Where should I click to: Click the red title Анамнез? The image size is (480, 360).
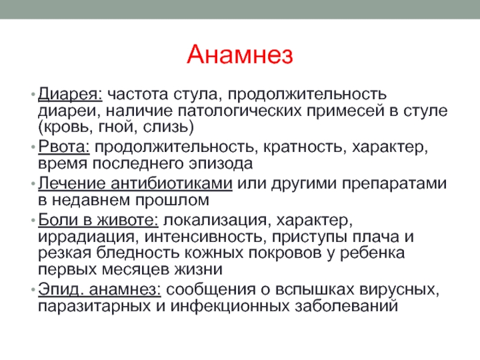coord(240,55)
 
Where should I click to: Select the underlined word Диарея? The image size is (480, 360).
coord(70,94)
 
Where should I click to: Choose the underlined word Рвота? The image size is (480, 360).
coord(64,147)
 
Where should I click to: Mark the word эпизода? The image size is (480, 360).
coord(221,164)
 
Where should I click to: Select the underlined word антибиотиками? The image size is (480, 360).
coord(172,184)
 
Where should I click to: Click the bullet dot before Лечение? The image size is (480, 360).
coord(33,184)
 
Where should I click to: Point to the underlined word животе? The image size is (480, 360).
coord(127,220)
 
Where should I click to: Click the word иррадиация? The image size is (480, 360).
coord(86,237)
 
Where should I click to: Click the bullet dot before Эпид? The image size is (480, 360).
coord(33,290)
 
